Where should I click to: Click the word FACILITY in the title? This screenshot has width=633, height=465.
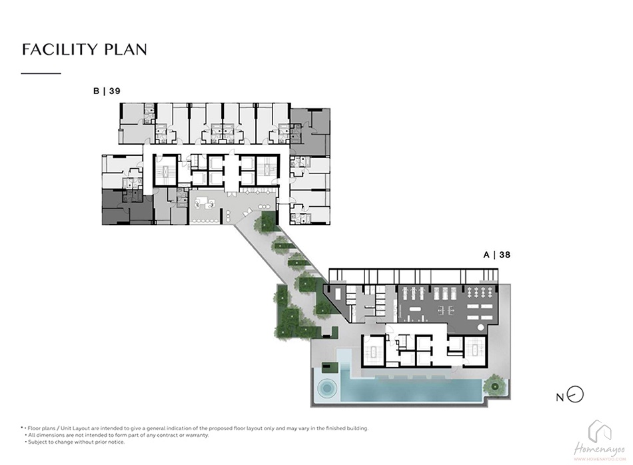coord(60,49)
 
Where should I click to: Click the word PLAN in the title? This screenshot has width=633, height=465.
coord(125,49)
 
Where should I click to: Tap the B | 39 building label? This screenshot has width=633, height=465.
coord(107,91)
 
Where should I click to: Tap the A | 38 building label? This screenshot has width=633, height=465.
coord(497,255)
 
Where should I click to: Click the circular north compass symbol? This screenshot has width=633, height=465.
coord(575,395)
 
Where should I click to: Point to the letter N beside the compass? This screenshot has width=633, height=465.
coord(560,398)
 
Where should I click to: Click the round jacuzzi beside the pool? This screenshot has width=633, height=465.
coord(326,388)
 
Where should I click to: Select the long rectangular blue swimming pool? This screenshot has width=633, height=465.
coord(412,390)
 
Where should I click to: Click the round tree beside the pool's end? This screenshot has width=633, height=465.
coord(495,386)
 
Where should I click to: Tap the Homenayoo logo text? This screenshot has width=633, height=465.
coord(600,449)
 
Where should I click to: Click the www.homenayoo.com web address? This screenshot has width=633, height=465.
coord(600,459)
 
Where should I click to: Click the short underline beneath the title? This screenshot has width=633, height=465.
coord(41,73)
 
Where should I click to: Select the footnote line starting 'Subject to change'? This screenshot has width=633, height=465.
coord(75,442)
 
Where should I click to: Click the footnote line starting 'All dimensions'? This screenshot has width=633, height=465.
coord(117,435)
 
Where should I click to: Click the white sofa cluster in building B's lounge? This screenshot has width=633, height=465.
coord(205,201)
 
